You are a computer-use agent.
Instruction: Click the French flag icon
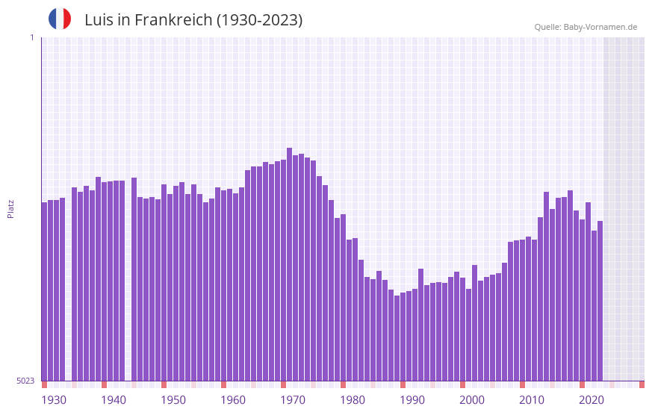[x=60, y=19]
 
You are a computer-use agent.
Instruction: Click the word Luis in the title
[x=98, y=20]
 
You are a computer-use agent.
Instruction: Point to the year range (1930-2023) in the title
[x=259, y=20]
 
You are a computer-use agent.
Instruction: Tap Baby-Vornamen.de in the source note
[x=600, y=27]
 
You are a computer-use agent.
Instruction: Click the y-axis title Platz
[x=10, y=208]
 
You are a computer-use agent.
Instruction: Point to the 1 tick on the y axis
[x=31, y=37]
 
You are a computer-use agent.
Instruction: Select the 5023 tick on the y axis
[x=26, y=381]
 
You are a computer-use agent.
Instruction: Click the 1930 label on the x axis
[x=54, y=400]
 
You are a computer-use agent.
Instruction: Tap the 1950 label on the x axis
[x=173, y=400]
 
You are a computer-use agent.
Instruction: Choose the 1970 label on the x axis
[x=293, y=400]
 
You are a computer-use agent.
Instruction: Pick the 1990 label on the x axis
[x=412, y=400]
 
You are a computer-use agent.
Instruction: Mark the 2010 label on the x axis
[x=532, y=400]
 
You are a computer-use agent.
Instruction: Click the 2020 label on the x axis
[x=592, y=400]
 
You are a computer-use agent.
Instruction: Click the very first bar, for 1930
[x=45, y=291]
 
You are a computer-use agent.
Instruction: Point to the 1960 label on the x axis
[x=233, y=400]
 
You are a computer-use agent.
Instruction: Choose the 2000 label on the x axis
[x=472, y=400]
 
